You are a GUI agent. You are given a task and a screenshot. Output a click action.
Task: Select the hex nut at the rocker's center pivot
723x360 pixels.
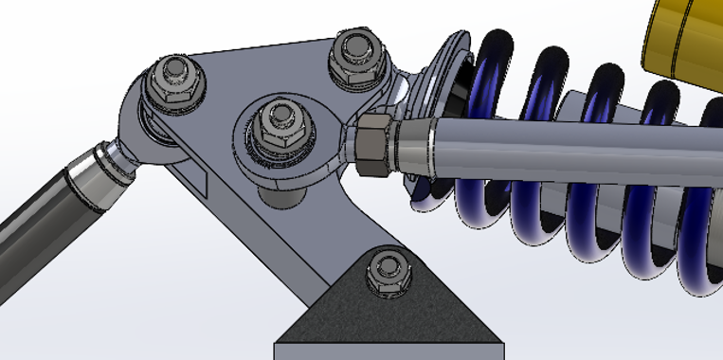point(281,121)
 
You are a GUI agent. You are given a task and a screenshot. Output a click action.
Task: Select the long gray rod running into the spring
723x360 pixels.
point(569,142)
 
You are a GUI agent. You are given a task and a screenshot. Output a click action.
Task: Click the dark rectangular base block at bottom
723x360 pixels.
point(384,349)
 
